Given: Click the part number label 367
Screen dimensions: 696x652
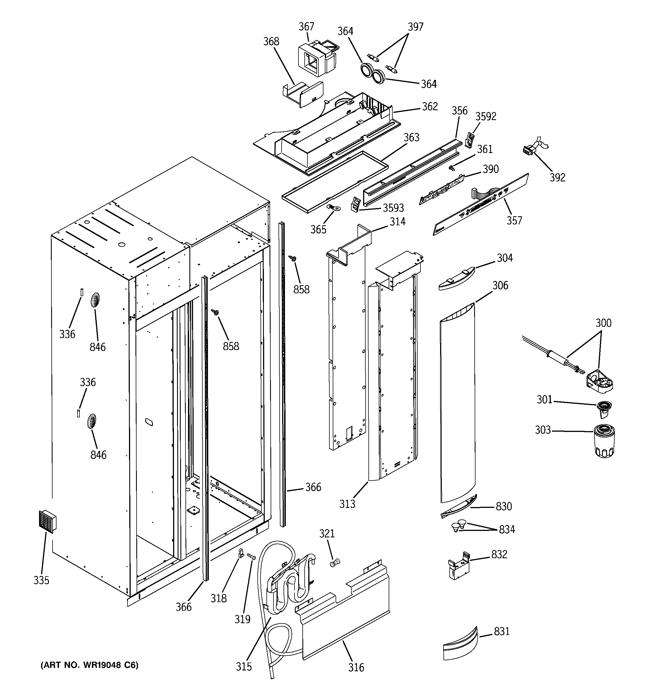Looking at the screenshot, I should pyautogui.click(x=306, y=27).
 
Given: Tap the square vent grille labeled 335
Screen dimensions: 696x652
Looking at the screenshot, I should pyautogui.click(x=47, y=521).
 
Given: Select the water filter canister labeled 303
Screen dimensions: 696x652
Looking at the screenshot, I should pyautogui.click(x=605, y=441).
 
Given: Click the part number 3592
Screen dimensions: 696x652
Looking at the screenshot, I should pyautogui.click(x=485, y=117).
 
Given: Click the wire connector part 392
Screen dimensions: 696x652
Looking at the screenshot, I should pyautogui.click(x=529, y=150).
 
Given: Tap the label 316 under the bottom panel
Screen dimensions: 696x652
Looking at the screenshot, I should pyautogui.click(x=356, y=667).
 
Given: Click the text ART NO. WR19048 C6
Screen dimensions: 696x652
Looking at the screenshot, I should pyautogui.click(x=90, y=665).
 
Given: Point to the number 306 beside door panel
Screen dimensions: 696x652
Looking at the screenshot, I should pyautogui.click(x=500, y=285).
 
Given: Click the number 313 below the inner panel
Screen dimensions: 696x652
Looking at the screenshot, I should pyautogui.click(x=347, y=504).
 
